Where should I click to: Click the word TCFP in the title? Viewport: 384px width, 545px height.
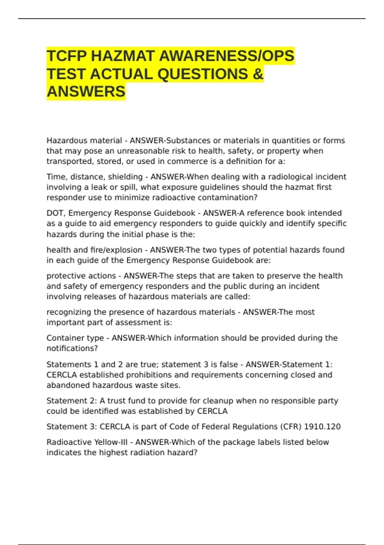tap(67, 56)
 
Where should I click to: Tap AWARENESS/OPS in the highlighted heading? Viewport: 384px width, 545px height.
tap(227, 56)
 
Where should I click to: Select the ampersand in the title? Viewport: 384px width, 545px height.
tap(258, 74)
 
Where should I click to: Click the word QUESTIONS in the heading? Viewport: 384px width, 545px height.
tap(203, 74)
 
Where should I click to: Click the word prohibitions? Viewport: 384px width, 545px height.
tap(143, 375)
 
